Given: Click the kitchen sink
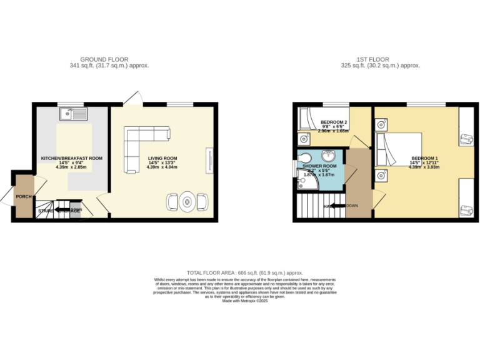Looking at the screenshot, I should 74,114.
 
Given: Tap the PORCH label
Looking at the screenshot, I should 24,197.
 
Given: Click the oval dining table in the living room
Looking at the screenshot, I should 187,202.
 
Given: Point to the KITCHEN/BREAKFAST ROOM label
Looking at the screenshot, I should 71,158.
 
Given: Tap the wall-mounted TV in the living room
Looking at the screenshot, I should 209,158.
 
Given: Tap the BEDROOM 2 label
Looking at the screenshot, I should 334,122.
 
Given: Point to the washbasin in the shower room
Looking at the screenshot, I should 328,156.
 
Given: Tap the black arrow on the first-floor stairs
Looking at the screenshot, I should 337,206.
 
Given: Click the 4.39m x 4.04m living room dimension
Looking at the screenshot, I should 162,167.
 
